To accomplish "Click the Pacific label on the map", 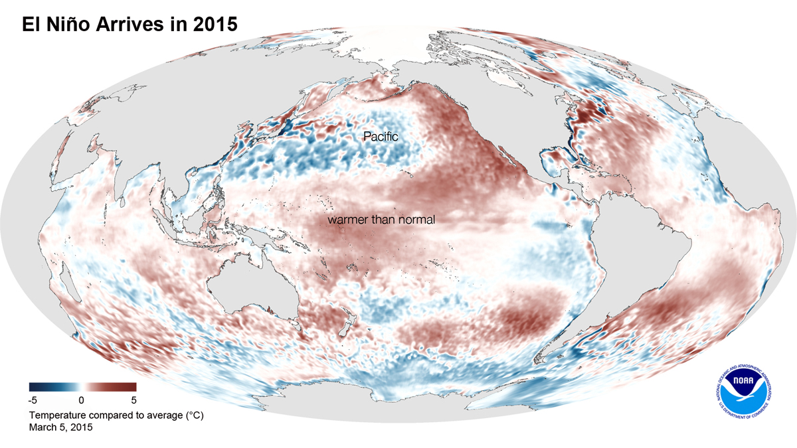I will pyautogui.click(x=380, y=136).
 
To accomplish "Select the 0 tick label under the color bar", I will pyautogui.click(x=80, y=400).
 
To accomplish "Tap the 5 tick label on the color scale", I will pyautogui.click(x=133, y=400).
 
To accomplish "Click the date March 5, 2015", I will pyautogui.click(x=60, y=428).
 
